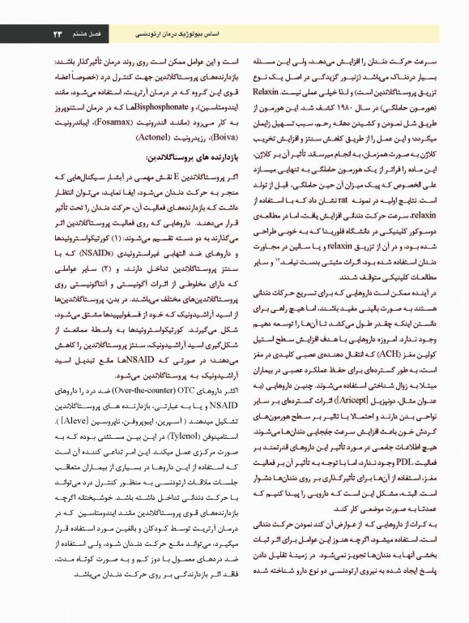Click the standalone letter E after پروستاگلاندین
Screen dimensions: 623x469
tap(169, 177)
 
